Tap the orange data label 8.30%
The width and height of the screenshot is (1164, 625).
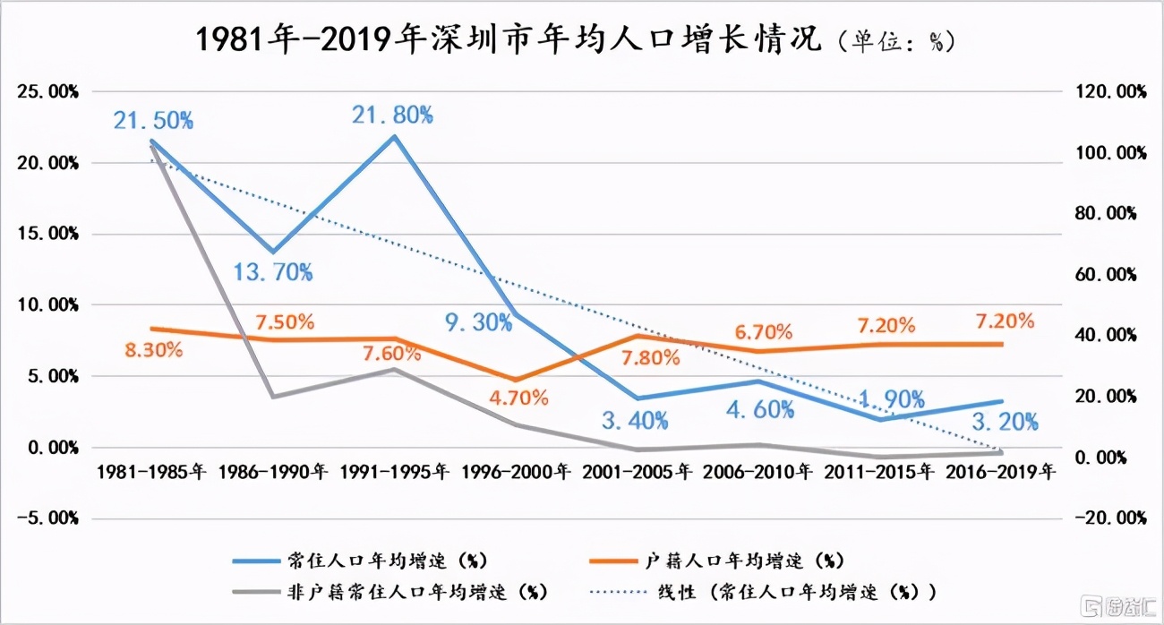click(153, 350)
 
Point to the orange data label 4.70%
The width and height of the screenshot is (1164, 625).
click(518, 398)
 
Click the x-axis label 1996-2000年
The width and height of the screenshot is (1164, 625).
click(516, 470)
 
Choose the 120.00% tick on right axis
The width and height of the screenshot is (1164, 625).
click(1107, 92)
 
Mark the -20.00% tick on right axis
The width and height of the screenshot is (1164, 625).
click(1107, 518)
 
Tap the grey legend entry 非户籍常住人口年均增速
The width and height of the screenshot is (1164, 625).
click(416, 592)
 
